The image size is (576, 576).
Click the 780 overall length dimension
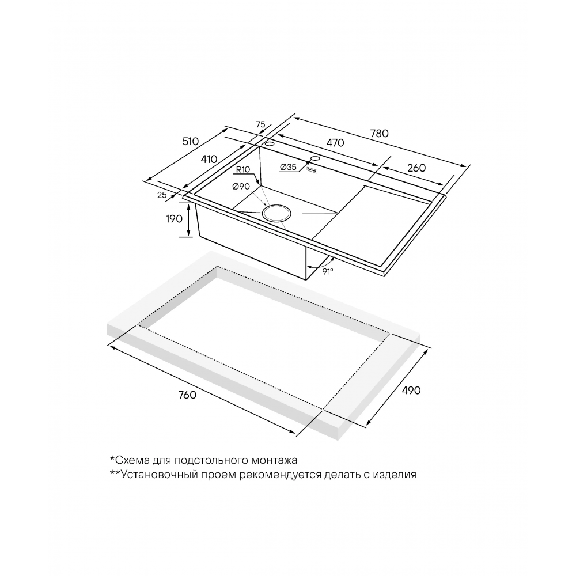380,133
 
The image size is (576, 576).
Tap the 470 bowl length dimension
335,142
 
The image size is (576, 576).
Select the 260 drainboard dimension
416,168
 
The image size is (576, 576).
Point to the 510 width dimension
190,142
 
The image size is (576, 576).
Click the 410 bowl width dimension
209,159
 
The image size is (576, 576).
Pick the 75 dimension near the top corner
260,124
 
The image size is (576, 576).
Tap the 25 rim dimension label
162,195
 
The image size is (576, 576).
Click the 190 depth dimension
174,219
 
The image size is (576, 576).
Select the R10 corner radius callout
243,170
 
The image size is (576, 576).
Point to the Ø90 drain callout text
241,187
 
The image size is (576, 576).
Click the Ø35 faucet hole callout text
288,167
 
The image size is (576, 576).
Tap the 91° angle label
328,271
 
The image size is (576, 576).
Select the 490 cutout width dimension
411,390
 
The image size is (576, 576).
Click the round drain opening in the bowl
276,213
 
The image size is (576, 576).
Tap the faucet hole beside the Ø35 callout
315,158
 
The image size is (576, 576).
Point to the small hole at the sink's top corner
269,143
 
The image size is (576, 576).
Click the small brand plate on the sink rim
312,170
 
